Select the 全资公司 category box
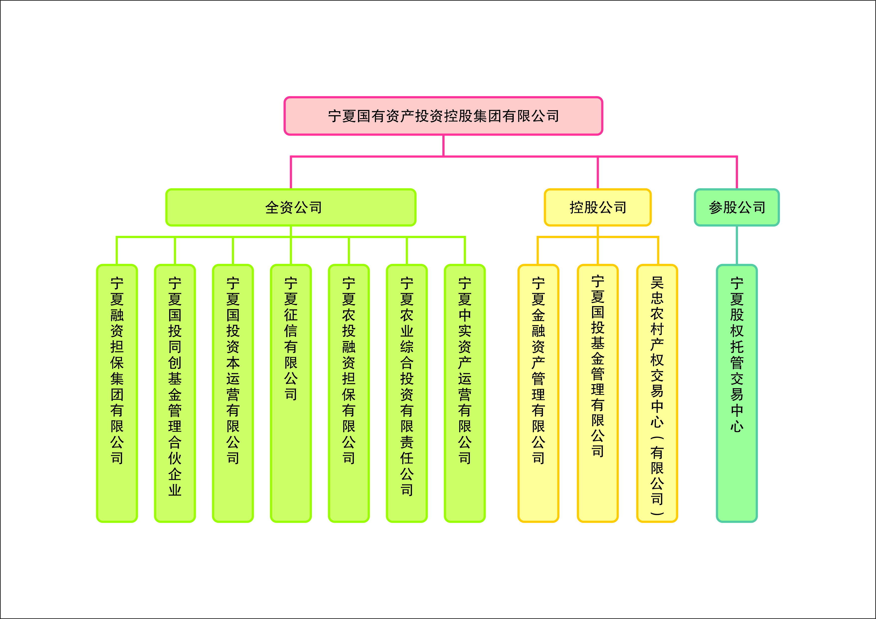(291, 207)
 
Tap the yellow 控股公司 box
(598, 207)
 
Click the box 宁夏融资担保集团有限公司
(117, 393)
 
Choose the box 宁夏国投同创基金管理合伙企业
(175, 393)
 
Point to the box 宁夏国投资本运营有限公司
(233, 393)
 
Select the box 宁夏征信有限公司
(291, 393)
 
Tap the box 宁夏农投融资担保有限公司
(349, 393)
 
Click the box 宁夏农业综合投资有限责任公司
(407, 393)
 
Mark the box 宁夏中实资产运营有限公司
(465, 393)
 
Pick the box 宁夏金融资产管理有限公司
(538, 393)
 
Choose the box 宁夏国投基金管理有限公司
(598, 393)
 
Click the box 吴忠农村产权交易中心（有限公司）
(657, 393)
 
